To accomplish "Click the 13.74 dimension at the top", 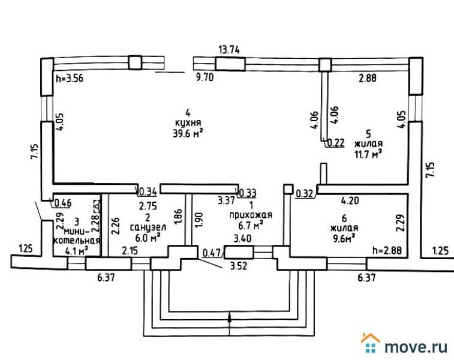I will [229, 50].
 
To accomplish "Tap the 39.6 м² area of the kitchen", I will [187, 134].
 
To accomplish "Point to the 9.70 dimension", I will [206, 77].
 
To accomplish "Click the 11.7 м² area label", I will [368, 154].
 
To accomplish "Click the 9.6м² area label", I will [344, 238].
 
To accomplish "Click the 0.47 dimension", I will [211, 253].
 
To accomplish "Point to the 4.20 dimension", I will [350, 202].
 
